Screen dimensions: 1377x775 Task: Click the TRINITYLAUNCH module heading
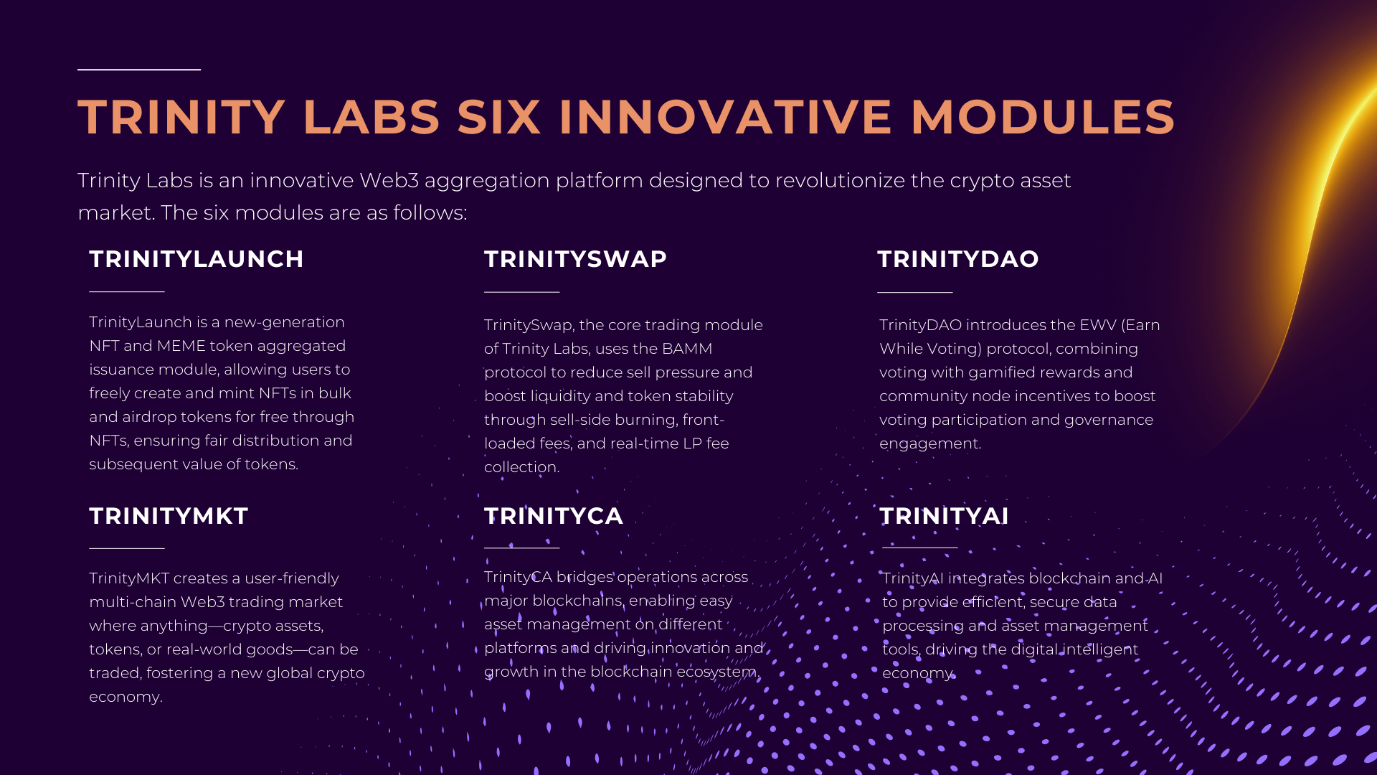click(197, 259)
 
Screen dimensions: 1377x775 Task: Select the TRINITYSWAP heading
click(575, 259)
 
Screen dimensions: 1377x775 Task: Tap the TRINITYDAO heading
click(958, 259)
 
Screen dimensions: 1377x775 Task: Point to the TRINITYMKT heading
click(169, 516)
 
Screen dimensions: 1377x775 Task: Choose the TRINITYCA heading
click(554, 516)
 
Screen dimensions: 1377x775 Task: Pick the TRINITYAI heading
click(945, 516)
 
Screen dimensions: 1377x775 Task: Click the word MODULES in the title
click(1044, 117)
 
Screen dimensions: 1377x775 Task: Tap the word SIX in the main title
click(498, 117)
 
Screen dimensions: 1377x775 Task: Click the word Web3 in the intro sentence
click(389, 180)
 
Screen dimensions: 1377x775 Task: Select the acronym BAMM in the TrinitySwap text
click(687, 349)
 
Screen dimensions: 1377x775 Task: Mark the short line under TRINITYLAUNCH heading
click(127, 291)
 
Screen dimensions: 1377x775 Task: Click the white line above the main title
click(139, 70)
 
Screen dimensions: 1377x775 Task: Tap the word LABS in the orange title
click(372, 117)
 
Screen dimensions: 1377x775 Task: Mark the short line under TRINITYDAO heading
click(915, 292)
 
